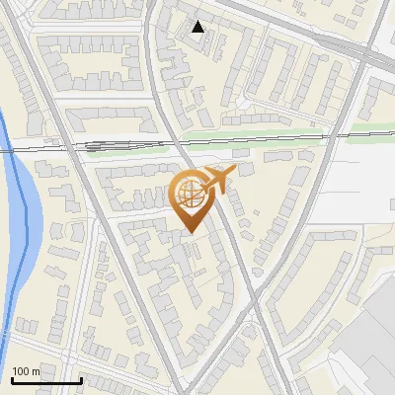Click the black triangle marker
pyautogui.click(x=198, y=27)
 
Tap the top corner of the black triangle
pyautogui.click(x=198, y=21)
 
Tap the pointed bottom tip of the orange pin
pyautogui.click(x=190, y=233)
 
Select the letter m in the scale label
pyautogui.click(x=36, y=371)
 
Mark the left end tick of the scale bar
pyautogui.click(x=12, y=378)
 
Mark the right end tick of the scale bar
pyautogui.click(x=81, y=378)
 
